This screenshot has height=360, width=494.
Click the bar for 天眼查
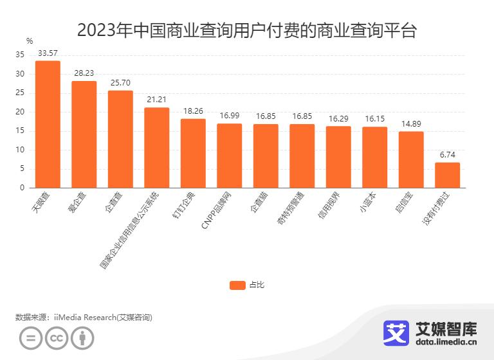[x=48, y=124]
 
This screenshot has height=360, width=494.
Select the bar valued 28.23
[x=84, y=134]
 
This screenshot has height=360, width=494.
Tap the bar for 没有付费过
[x=447, y=175]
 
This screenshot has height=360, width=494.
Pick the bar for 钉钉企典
[x=193, y=153]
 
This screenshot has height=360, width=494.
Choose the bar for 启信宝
[x=411, y=159]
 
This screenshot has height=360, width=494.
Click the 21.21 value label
[x=156, y=100]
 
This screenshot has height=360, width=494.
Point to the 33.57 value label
[x=48, y=53]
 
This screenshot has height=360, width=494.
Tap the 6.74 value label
[x=447, y=154]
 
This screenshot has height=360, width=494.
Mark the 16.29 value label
[x=338, y=118]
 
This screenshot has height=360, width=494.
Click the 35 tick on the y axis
[x=20, y=55]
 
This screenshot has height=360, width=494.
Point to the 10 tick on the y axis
[x=20, y=150]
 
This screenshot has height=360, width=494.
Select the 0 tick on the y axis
[x=22, y=188]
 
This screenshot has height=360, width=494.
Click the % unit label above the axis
[x=30, y=41]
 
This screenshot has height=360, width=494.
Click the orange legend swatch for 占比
[x=237, y=285]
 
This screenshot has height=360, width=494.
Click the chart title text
[x=247, y=30]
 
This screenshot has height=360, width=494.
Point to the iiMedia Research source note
[x=84, y=317]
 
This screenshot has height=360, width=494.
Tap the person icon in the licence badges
[x=82, y=338]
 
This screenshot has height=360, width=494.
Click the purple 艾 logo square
[x=396, y=332]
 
